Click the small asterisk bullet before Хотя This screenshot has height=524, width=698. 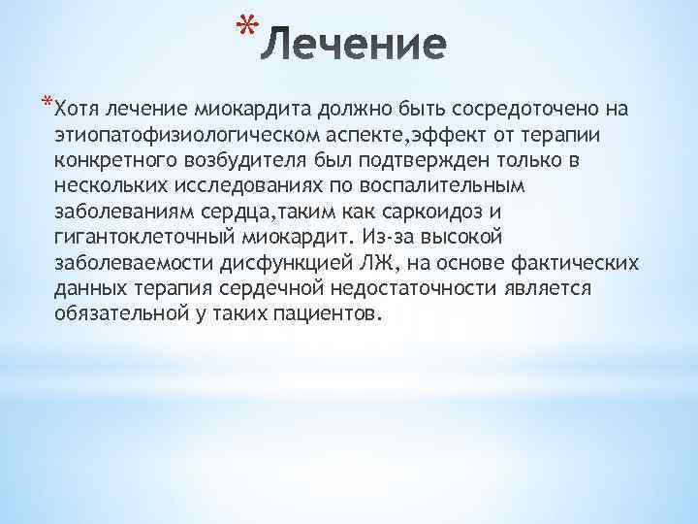(x=48, y=102)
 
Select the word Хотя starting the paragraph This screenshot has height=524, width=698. (x=78, y=106)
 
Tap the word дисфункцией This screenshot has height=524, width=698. (x=290, y=263)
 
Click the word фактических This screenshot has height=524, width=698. (x=577, y=263)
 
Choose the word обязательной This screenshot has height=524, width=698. (x=127, y=315)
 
